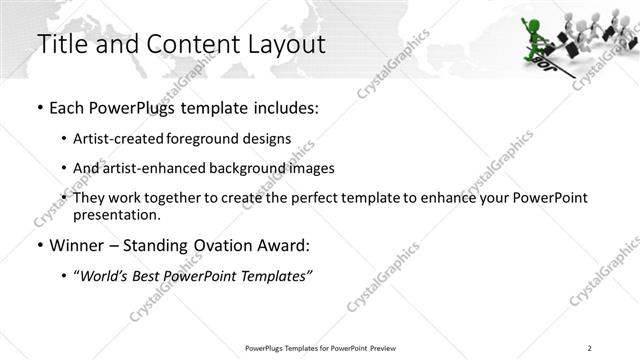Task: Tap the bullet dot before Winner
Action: click(39, 246)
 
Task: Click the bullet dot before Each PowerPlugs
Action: click(39, 106)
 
